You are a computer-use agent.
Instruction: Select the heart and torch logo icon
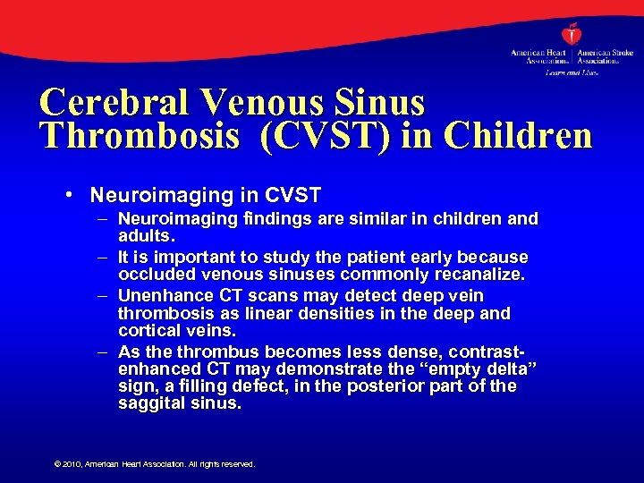coord(572,35)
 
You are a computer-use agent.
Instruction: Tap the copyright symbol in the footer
coord(57,464)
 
